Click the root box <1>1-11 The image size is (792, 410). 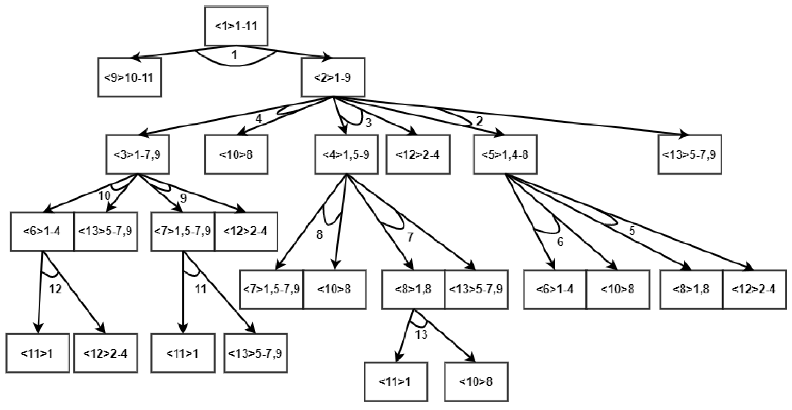click(x=236, y=26)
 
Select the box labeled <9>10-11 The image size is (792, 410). click(x=130, y=77)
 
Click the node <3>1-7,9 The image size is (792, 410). click(x=137, y=154)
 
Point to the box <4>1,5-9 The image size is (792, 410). click(x=346, y=154)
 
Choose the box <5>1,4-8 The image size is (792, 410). click(x=505, y=154)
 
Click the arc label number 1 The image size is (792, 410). click(x=234, y=55)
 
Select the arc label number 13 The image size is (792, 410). click(x=421, y=334)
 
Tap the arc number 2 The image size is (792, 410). click(x=479, y=121)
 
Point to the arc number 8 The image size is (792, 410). click(x=320, y=234)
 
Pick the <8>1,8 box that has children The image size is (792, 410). click(x=413, y=289)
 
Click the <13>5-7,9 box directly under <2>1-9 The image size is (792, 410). click(x=690, y=154)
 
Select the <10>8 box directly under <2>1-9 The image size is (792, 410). click(x=236, y=154)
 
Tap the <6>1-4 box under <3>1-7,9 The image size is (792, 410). click(x=42, y=231)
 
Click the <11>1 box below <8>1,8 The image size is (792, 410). click(x=395, y=382)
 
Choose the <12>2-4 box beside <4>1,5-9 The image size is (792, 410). click(x=418, y=154)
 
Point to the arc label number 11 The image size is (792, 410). click(x=201, y=289)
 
